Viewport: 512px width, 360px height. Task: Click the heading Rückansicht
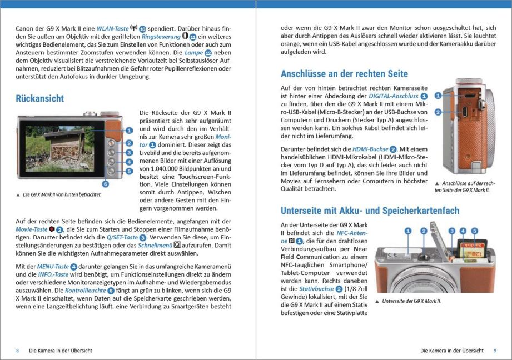[40, 99]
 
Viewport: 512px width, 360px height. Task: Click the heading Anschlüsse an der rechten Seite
[344, 74]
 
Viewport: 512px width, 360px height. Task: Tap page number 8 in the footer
[17, 351]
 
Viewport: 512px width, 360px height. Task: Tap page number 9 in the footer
[495, 351]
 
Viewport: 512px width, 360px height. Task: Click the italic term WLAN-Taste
[112, 28]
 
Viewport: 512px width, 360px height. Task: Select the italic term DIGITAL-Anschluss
[393, 96]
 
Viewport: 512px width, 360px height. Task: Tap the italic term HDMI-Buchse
[370, 149]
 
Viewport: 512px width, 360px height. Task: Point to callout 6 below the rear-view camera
[105, 183]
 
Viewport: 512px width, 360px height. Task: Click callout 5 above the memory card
[475, 231]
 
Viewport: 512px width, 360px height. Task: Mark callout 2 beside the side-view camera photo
[438, 112]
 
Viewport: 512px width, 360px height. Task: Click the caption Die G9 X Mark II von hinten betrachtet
[62, 194]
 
